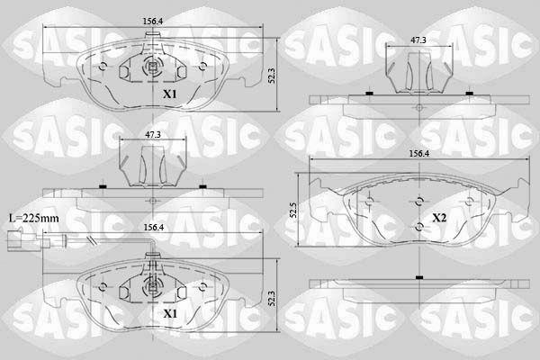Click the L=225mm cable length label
pos(34,219)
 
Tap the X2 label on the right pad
pos(439,218)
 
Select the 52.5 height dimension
pos(293,210)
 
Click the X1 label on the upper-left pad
pos(170,94)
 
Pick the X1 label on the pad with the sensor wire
pos(170,313)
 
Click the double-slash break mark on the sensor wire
pos(91,240)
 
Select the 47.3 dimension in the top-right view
pos(418,40)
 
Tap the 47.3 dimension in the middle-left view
pos(153,135)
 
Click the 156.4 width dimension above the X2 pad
pos(418,154)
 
